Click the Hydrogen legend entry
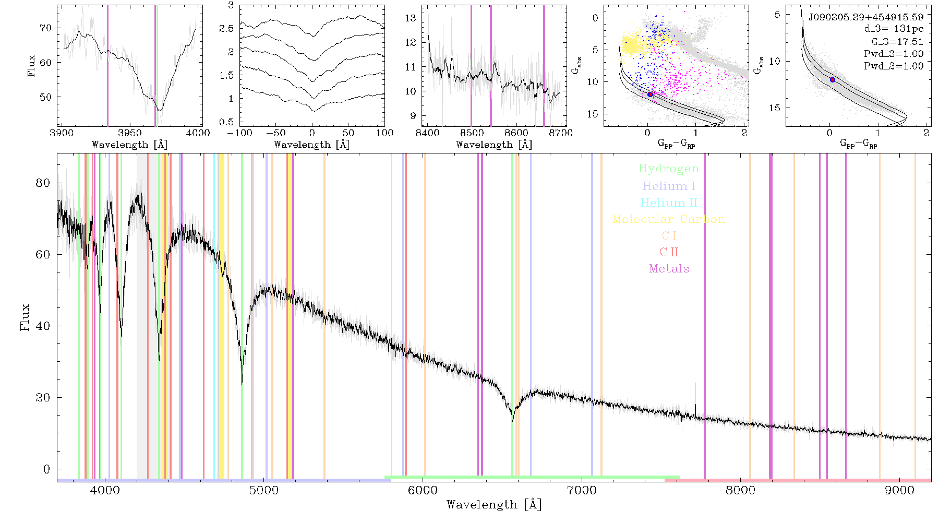pyautogui.click(x=669, y=169)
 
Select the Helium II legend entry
pyautogui.click(x=669, y=203)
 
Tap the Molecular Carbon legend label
pyautogui.click(x=669, y=219)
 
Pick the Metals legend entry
pyautogui.click(x=669, y=268)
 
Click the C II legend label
pyautogui.click(x=669, y=252)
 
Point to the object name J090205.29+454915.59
pyautogui.click(x=866, y=17)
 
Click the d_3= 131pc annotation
pyautogui.click(x=894, y=29)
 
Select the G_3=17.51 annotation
pyautogui.click(x=897, y=42)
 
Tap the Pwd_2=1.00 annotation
pyautogui.click(x=894, y=66)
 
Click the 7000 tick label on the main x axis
pyautogui.click(x=581, y=491)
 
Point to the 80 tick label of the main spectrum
pyautogui.click(x=43, y=183)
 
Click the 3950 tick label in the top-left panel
pyautogui.click(x=130, y=133)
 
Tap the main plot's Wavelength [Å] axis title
pyautogui.click(x=494, y=505)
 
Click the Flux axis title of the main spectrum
pyautogui.click(x=25, y=317)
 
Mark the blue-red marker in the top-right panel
pyautogui.click(x=833, y=79)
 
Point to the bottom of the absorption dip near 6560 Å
pyautogui.click(x=513, y=420)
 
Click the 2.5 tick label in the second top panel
pyautogui.click(x=226, y=28)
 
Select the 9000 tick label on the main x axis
pyautogui.click(x=899, y=491)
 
